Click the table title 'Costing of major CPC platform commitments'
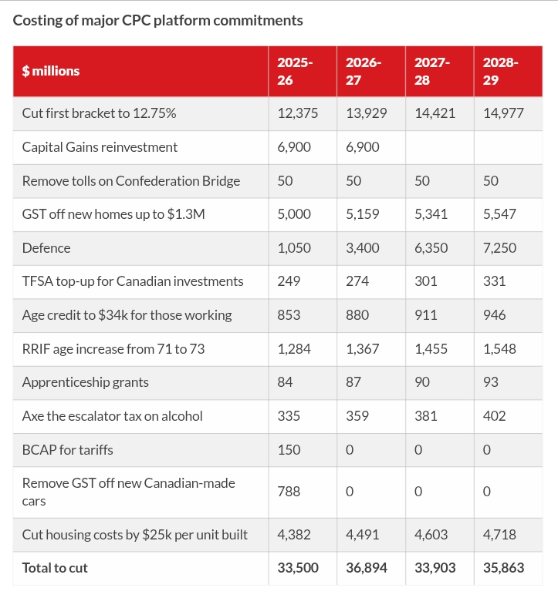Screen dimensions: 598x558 (158, 20)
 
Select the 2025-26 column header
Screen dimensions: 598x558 (296, 71)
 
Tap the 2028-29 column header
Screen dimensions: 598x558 (501, 71)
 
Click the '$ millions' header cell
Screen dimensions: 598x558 (51, 71)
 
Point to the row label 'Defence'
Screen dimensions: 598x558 (46, 247)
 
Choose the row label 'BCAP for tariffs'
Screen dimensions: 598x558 (68, 449)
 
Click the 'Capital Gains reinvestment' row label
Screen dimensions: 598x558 (100, 146)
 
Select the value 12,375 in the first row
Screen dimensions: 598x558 (298, 113)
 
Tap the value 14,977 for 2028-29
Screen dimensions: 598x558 (503, 113)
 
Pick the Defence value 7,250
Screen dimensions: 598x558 (499, 247)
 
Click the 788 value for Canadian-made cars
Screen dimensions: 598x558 (288, 492)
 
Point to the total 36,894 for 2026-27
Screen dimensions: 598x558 (367, 567)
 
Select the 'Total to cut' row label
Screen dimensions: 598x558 (55, 567)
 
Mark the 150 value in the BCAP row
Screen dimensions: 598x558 (289, 449)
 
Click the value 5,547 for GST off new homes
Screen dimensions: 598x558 (499, 213)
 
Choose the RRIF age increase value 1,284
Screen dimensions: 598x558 (294, 348)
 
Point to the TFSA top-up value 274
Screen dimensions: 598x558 (357, 281)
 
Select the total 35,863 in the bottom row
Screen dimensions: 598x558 (503, 567)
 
